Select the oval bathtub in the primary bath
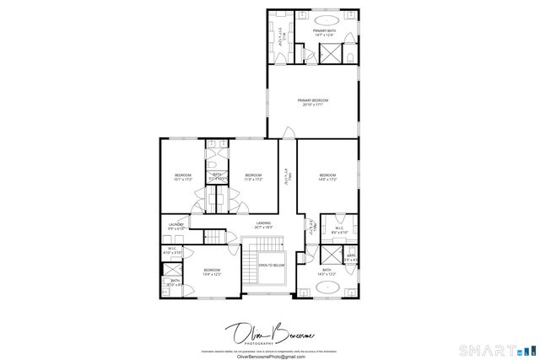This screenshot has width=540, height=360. [x=327, y=19]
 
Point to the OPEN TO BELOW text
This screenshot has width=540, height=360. [x=271, y=265]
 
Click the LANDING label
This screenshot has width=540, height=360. [x=263, y=224]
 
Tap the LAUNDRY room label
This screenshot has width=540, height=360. [x=175, y=226]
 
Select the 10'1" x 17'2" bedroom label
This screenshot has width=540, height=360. [x=182, y=177]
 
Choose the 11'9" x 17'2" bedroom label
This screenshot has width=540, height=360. [x=254, y=177]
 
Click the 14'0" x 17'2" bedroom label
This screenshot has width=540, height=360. [x=327, y=177]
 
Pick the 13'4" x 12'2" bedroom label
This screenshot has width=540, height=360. [x=211, y=271]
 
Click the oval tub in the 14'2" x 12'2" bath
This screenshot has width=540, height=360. [x=327, y=287]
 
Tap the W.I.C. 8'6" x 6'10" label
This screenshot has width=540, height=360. [x=339, y=229]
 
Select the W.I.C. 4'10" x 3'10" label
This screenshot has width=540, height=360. [x=171, y=250]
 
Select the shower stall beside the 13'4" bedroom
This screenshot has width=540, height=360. [x=171, y=269]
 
